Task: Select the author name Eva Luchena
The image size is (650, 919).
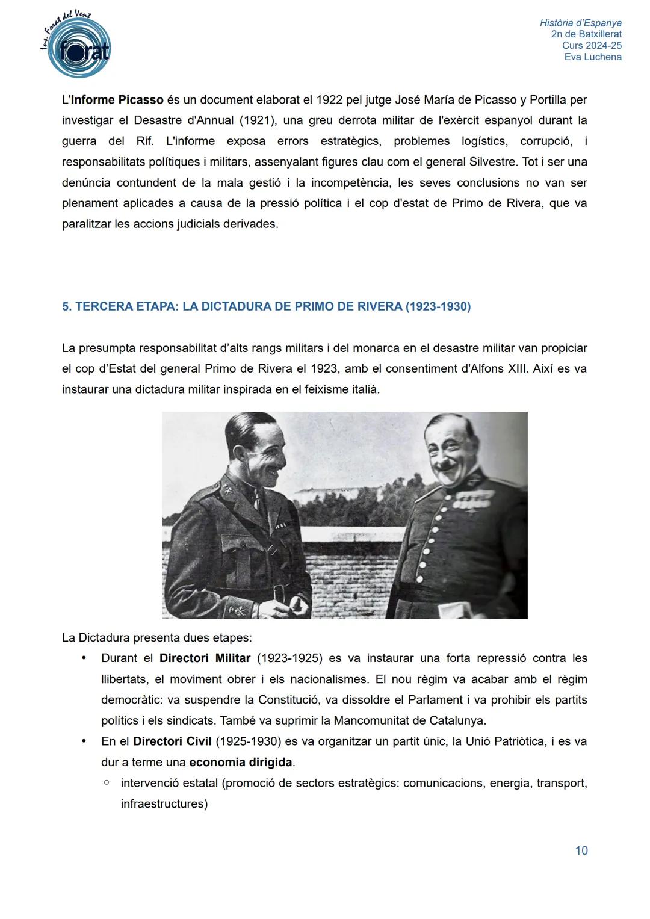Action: [x=593, y=57]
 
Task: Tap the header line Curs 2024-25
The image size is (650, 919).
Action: [x=592, y=46]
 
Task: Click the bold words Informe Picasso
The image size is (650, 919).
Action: [x=117, y=99]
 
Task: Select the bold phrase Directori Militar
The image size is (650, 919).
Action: [x=205, y=658]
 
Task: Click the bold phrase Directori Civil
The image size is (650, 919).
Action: [x=172, y=741]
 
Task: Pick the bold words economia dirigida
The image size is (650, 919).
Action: [x=241, y=763]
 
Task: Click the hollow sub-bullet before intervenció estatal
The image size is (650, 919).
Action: [x=106, y=783]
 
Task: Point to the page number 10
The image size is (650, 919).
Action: [x=581, y=850]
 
